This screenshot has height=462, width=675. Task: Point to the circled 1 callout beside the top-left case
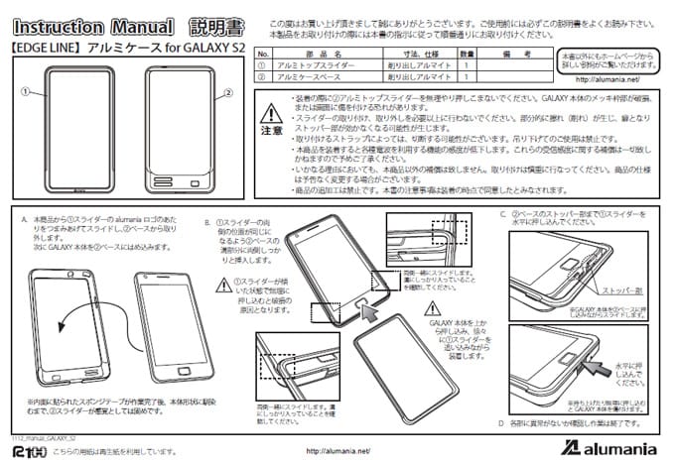pyautogui.click(x=21, y=89)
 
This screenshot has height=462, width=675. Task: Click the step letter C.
pyautogui.click(x=503, y=212)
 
